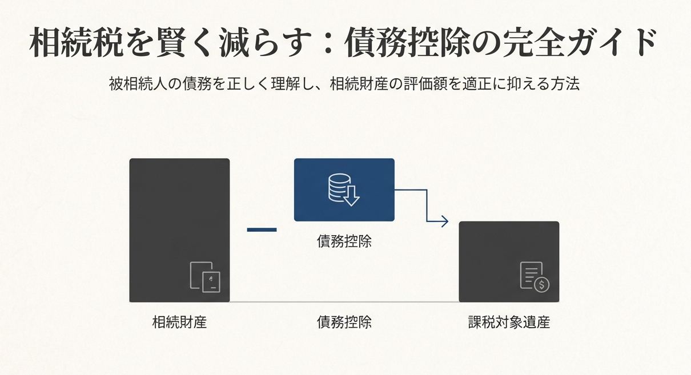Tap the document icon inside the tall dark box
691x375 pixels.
204,277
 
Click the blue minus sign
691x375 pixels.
262,229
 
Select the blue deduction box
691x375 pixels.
344,189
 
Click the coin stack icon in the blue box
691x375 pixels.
343,190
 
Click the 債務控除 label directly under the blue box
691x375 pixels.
344,241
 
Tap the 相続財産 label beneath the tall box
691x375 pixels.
179,322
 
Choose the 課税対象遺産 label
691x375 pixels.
508,322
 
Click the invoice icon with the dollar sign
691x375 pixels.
534,277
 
